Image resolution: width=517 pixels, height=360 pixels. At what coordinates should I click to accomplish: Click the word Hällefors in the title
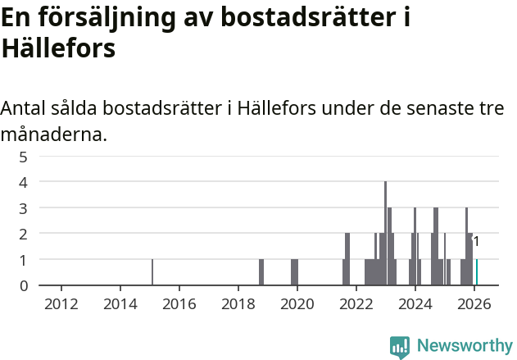[x=58, y=48]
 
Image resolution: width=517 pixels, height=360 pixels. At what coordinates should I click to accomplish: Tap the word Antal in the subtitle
[x=25, y=109]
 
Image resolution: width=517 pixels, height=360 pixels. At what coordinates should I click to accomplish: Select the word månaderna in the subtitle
[x=53, y=134]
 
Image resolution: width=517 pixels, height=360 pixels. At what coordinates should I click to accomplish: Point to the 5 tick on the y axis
[x=24, y=156]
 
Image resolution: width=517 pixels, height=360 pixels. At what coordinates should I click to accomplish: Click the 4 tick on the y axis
[x=24, y=181]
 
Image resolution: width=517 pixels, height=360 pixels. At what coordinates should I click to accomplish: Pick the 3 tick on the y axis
[x=24, y=207]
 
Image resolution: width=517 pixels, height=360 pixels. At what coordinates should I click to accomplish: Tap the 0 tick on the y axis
[x=24, y=285]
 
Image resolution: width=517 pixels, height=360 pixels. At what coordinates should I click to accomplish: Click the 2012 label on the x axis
[x=61, y=303]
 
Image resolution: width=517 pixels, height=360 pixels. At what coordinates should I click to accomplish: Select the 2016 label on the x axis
[x=179, y=303]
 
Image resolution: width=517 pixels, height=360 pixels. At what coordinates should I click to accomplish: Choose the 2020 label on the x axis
[x=297, y=303]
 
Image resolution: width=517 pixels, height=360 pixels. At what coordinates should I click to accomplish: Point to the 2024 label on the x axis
[x=415, y=303]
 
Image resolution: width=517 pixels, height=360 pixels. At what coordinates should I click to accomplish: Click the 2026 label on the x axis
[x=474, y=303]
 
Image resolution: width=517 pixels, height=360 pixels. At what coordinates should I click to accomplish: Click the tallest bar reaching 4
[x=385, y=234]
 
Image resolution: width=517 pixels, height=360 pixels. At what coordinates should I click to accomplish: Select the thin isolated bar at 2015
[x=152, y=272]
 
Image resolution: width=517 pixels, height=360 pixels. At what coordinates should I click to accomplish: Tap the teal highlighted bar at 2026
[x=477, y=272]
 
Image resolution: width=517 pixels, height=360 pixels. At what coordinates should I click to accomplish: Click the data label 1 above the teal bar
[x=476, y=242]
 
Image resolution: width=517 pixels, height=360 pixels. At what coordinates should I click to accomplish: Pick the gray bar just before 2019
[x=261, y=272]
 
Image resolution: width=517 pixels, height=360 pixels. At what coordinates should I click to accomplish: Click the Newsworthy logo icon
[x=400, y=347]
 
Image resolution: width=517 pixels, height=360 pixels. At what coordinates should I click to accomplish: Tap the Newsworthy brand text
[x=464, y=346]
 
